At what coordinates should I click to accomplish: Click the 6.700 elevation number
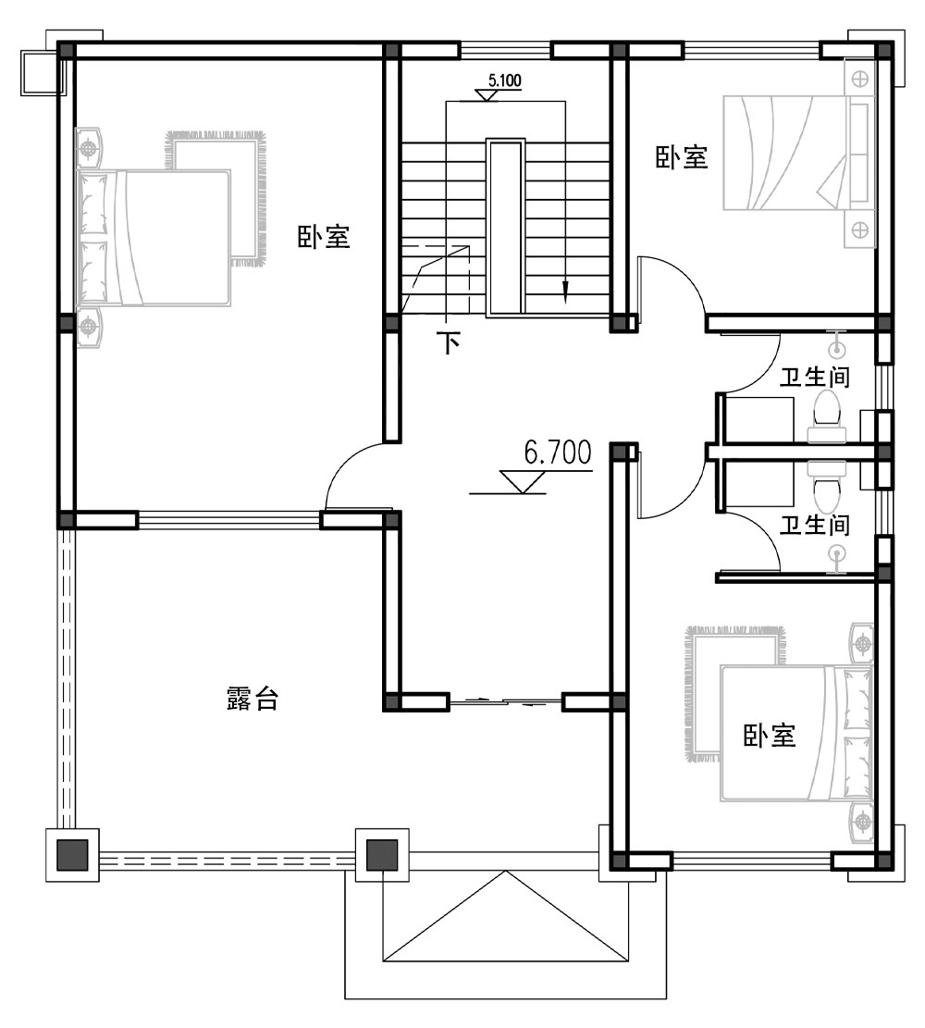557,452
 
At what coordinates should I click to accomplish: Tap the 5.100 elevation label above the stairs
505,81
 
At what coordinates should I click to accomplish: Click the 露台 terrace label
253,699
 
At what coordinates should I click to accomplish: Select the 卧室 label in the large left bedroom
324,237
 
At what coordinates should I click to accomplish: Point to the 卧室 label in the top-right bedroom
682,157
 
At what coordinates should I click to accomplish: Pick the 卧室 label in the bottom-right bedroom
770,736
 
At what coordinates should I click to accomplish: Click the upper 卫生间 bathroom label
815,377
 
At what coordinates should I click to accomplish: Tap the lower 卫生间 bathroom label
815,525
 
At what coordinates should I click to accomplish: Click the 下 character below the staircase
449,342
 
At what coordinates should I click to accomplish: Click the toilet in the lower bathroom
827,486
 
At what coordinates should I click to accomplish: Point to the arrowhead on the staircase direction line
565,292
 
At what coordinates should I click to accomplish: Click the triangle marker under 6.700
523,482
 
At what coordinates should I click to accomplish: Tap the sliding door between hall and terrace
506,702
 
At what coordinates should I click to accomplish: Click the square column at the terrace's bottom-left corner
72,855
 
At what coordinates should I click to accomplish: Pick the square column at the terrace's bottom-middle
382,855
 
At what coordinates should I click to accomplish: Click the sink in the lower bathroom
836,558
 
